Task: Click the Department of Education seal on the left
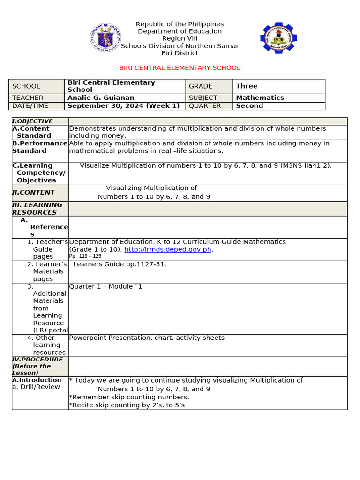coord(105,38)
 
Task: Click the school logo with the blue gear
coord(278,38)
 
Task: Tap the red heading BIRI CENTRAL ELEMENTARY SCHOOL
coord(180,68)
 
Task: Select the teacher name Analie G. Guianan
coord(101,98)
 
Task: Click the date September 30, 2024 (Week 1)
coord(123,106)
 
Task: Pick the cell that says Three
coord(247,86)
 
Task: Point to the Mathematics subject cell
coord(260,98)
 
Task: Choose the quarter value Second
coord(249,106)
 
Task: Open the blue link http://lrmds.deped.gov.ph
coord(168,249)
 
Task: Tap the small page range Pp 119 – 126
coord(85,256)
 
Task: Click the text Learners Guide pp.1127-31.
coord(120,264)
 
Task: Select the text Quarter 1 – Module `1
coord(105,286)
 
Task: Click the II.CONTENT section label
coord(33,193)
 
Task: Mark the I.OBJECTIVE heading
coord(32,121)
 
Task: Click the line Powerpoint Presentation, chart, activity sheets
coord(147,338)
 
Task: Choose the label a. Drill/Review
coord(36,387)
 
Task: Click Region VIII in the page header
coord(180,38)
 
